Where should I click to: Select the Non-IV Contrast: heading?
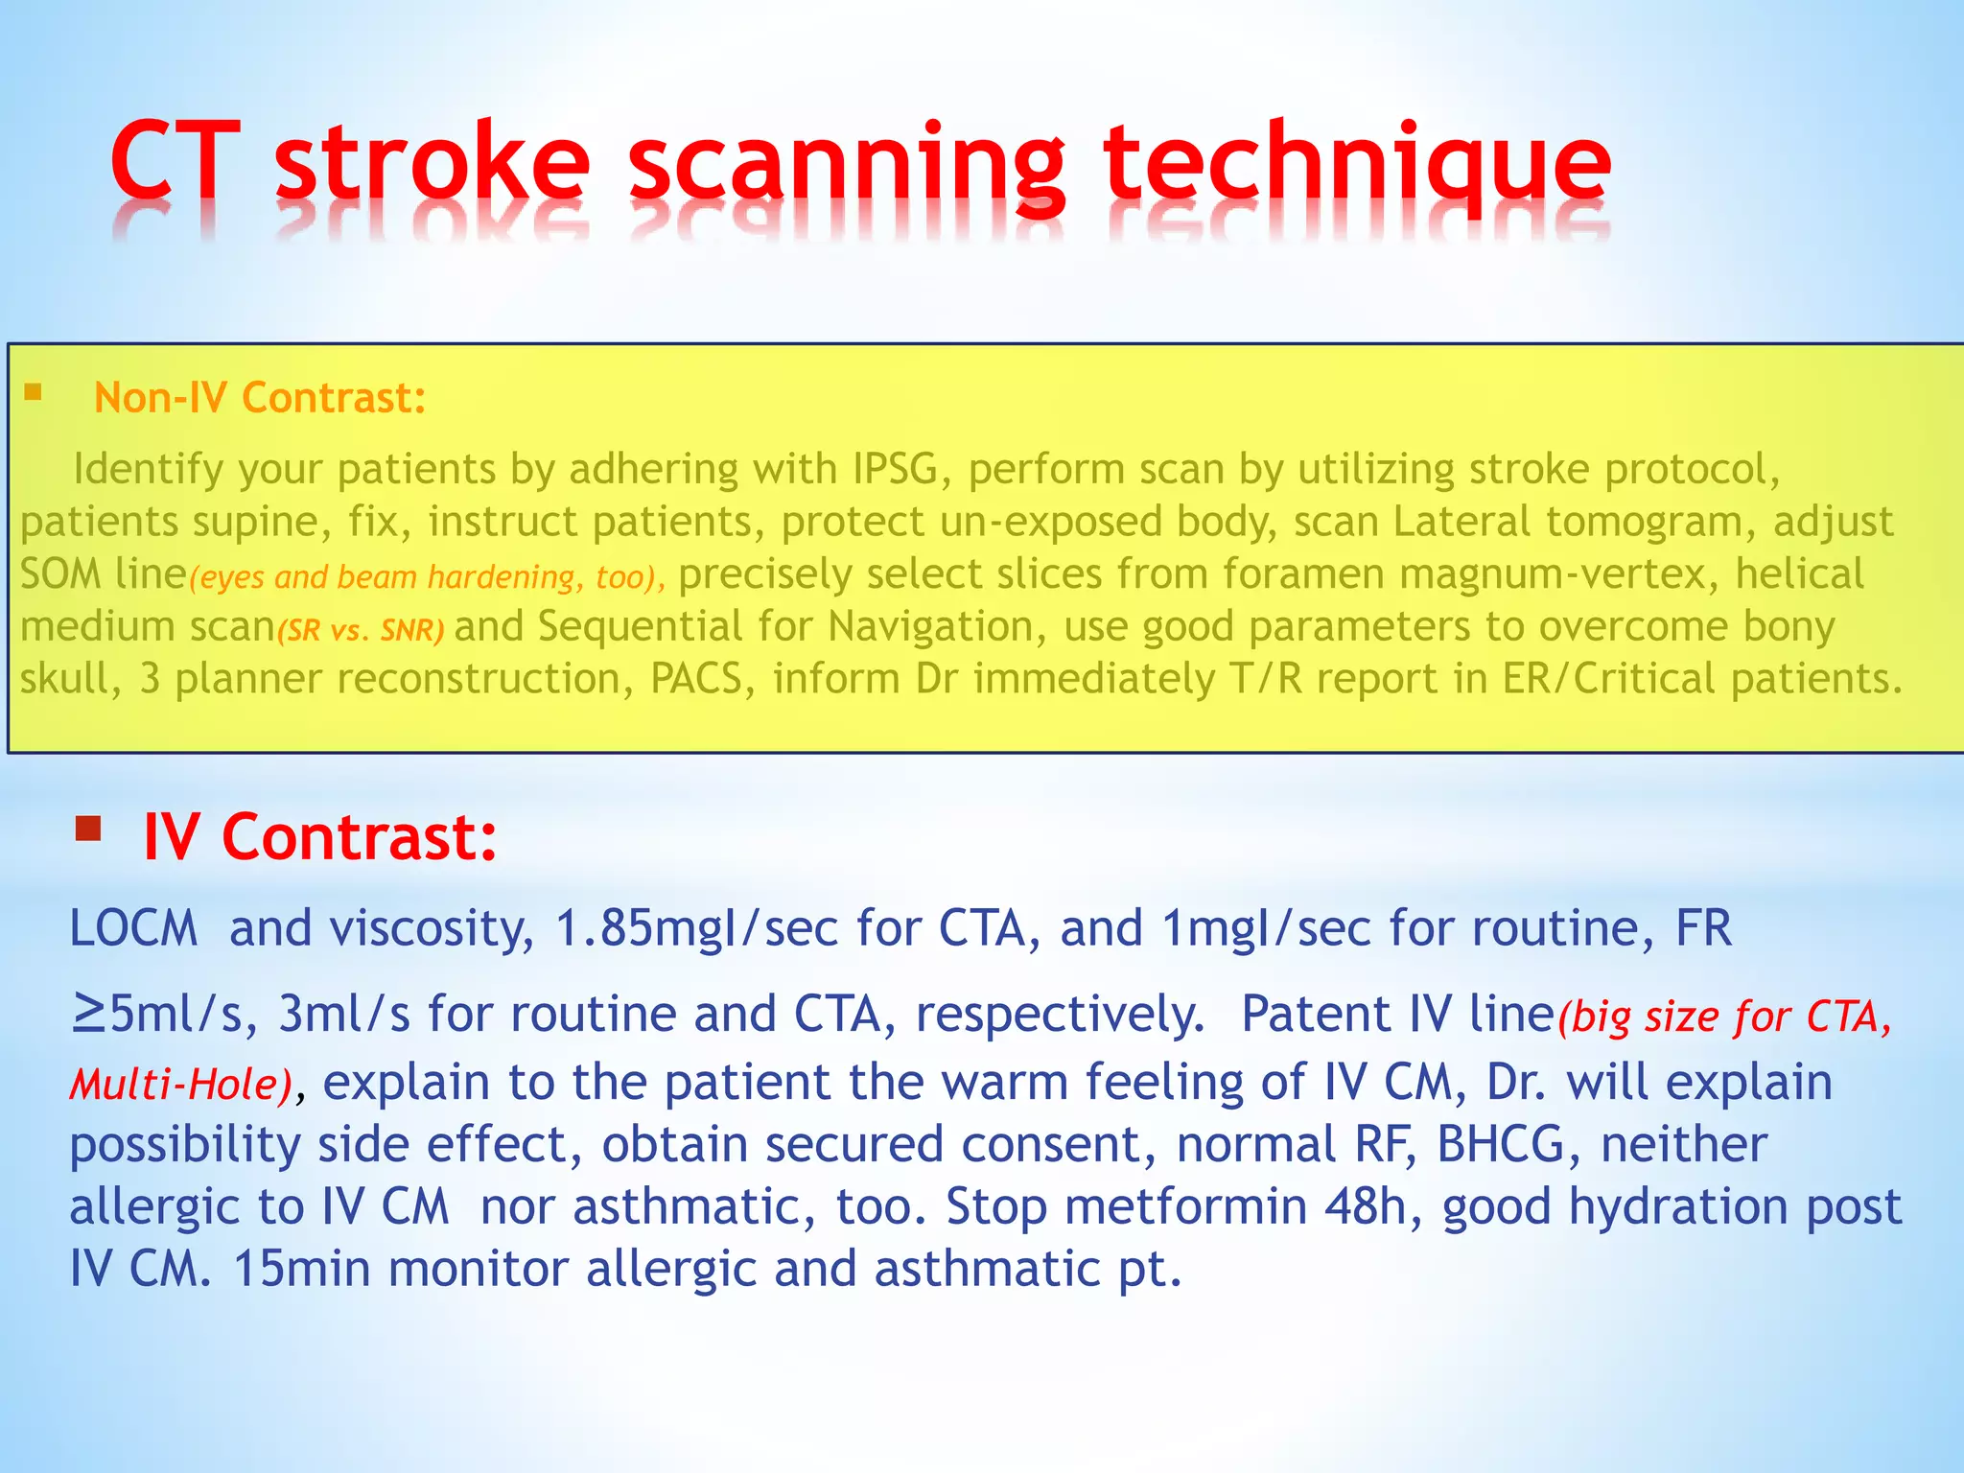(260, 397)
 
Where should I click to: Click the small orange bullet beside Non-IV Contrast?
(34, 391)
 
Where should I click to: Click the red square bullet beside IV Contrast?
(88, 828)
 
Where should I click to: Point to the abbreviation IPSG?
(896, 469)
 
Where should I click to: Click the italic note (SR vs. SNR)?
(361, 630)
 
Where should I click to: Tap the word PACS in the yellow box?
(696, 678)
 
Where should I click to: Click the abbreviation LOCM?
(133, 928)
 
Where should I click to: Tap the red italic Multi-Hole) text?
(180, 1085)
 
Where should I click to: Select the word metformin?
(1186, 1206)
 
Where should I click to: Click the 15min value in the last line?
(302, 1269)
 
